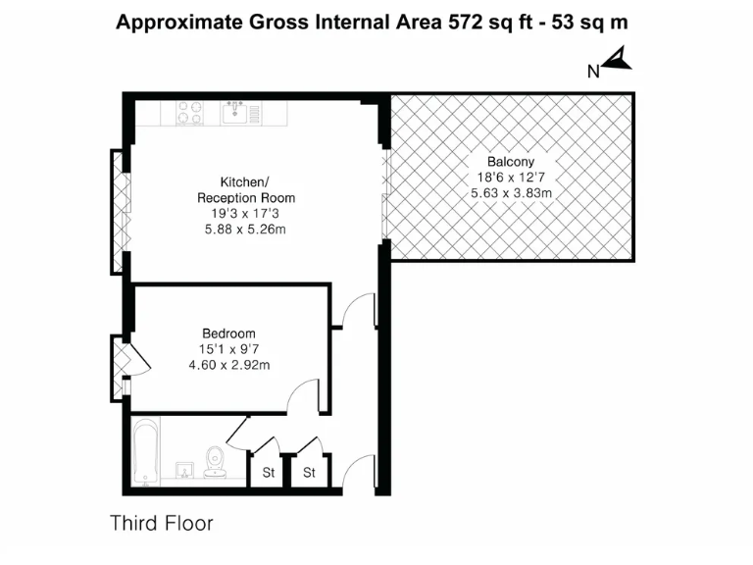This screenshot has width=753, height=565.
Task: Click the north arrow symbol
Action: pos(619,64)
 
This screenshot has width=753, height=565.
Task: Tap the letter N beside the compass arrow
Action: pos(593,70)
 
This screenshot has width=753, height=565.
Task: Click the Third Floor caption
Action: pos(161,523)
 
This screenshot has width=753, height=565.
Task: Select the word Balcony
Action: pos(510,162)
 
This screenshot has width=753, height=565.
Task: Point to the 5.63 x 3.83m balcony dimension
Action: pos(511,193)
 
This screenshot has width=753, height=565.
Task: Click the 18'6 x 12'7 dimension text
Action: pos(510,178)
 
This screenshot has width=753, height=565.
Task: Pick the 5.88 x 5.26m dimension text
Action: pos(245,230)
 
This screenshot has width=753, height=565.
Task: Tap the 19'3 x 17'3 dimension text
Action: pos(245,214)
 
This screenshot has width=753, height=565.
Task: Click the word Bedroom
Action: pos(228,333)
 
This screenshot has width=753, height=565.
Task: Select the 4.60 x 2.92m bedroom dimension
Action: pos(228,364)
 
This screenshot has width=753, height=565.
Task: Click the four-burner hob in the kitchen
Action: pos(189,114)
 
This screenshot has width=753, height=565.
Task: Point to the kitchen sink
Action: pos(234,114)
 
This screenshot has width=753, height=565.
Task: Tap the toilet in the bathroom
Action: pos(215,459)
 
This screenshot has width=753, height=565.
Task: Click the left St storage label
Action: pos(268,473)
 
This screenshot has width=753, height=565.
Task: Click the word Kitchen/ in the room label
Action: pos(244,182)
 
